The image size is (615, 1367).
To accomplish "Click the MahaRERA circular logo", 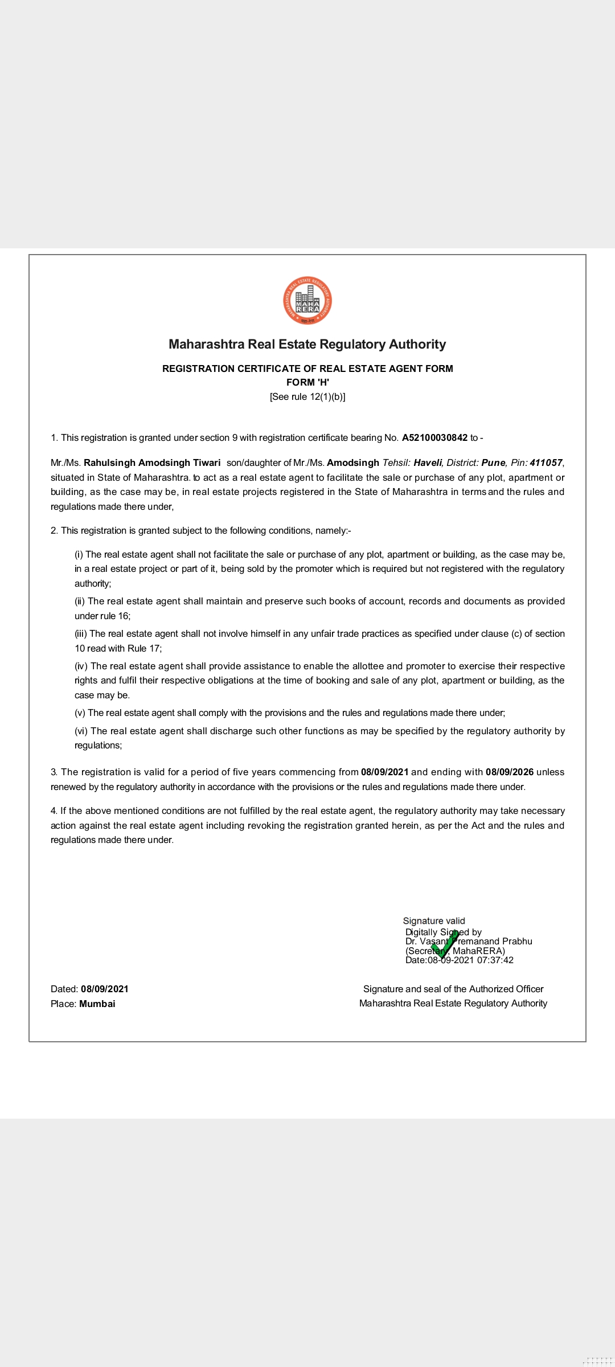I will [x=307, y=301].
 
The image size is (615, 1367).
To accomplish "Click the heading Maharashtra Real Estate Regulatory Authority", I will [x=307, y=345].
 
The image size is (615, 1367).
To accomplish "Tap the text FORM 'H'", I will [x=307, y=382].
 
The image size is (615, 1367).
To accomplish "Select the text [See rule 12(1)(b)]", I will [x=307, y=397].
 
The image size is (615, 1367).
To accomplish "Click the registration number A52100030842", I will [x=434, y=438].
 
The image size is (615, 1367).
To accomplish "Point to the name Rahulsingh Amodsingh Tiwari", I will [x=152, y=463].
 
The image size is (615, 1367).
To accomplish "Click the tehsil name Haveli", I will [x=428, y=463].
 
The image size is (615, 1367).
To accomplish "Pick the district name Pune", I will [x=493, y=463].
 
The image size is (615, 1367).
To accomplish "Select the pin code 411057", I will [x=546, y=463].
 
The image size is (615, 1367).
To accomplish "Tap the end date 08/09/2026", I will [x=510, y=772].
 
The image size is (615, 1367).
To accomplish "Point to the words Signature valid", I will [x=434, y=921].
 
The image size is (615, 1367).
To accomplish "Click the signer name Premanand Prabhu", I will [x=493, y=942].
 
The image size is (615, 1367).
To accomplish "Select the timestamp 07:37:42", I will [x=495, y=960].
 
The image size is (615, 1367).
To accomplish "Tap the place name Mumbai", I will [x=97, y=1004].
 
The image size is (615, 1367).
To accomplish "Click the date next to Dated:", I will [x=105, y=989].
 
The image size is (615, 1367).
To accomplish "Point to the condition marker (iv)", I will [x=81, y=666].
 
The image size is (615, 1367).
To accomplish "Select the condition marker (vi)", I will [x=81, y=731].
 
